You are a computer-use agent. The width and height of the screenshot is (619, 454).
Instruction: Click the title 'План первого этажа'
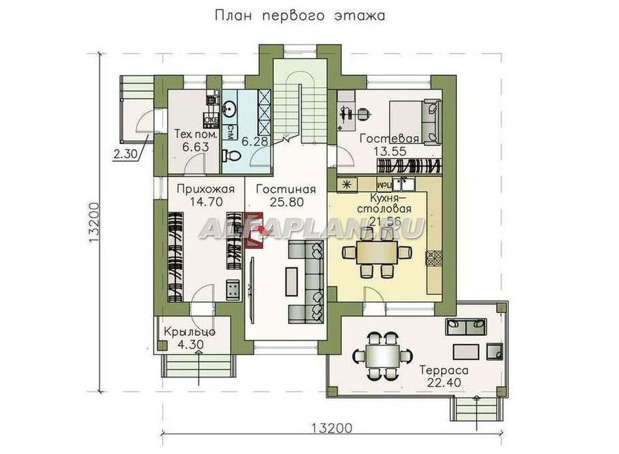click(299, 15)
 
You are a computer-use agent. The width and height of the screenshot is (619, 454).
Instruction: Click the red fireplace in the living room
click(254, 230)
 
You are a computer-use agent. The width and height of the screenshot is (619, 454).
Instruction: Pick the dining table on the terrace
click(382, 355)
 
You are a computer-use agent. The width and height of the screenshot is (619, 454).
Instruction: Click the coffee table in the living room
click(293, 281)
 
